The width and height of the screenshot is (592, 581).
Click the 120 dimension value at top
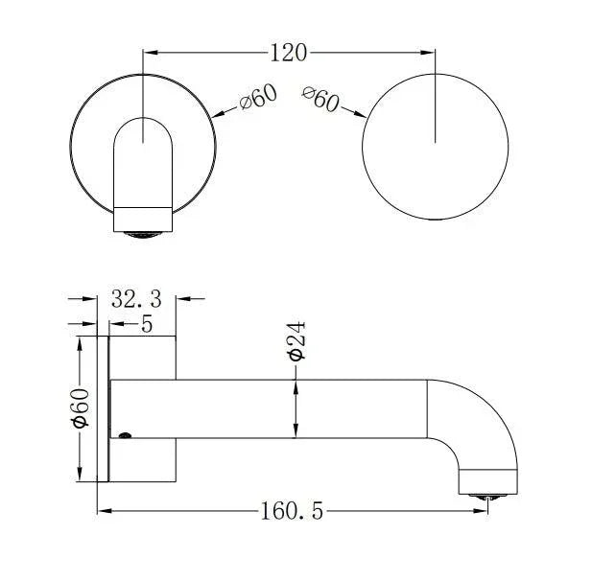point(289,53)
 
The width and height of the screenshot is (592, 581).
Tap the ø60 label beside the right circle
point(320,98)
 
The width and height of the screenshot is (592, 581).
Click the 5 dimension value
point(147,324)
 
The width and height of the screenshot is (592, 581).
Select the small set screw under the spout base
point(125,438)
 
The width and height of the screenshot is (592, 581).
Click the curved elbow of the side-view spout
point(485,412)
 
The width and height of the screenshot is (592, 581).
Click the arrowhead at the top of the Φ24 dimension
point(296,384)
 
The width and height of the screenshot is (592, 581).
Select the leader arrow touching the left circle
point(218,116)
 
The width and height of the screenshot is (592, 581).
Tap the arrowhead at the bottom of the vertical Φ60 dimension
point(81,476)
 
